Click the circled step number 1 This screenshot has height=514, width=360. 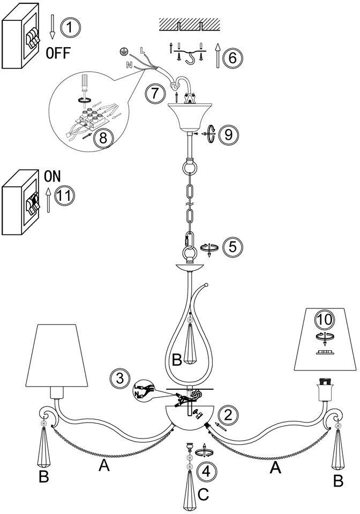click(69, 27)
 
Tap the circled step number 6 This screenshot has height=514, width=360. click(231, 57)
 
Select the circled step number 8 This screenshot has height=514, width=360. click(103, 138)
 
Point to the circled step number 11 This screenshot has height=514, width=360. click(64, 195)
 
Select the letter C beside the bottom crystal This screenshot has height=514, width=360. click(202, 494)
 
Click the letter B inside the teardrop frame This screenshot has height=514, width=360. click(177, 359)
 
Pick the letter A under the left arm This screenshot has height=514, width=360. click(104, 466)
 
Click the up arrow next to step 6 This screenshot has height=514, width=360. click(217, 56)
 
